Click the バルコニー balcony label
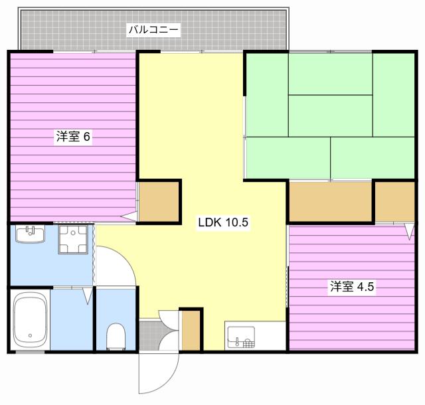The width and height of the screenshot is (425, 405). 153,30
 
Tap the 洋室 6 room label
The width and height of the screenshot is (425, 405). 73,136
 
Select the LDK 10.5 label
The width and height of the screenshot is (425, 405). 223,222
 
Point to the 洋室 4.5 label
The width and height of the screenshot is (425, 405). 352,286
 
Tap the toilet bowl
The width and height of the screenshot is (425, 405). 116,337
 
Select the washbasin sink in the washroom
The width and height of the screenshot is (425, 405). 30,234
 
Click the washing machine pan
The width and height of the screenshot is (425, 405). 73,240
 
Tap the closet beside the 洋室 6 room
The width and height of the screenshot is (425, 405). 159,202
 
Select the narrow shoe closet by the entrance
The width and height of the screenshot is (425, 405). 191,331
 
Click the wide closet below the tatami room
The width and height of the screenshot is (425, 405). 331,202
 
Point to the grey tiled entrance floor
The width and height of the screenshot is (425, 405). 149,335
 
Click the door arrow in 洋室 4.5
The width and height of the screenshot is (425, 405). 409,231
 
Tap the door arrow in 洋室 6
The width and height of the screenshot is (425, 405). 128,216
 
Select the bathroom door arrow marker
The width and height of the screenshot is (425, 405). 88,295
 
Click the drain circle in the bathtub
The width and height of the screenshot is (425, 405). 30,335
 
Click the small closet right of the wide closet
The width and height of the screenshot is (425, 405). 395,202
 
